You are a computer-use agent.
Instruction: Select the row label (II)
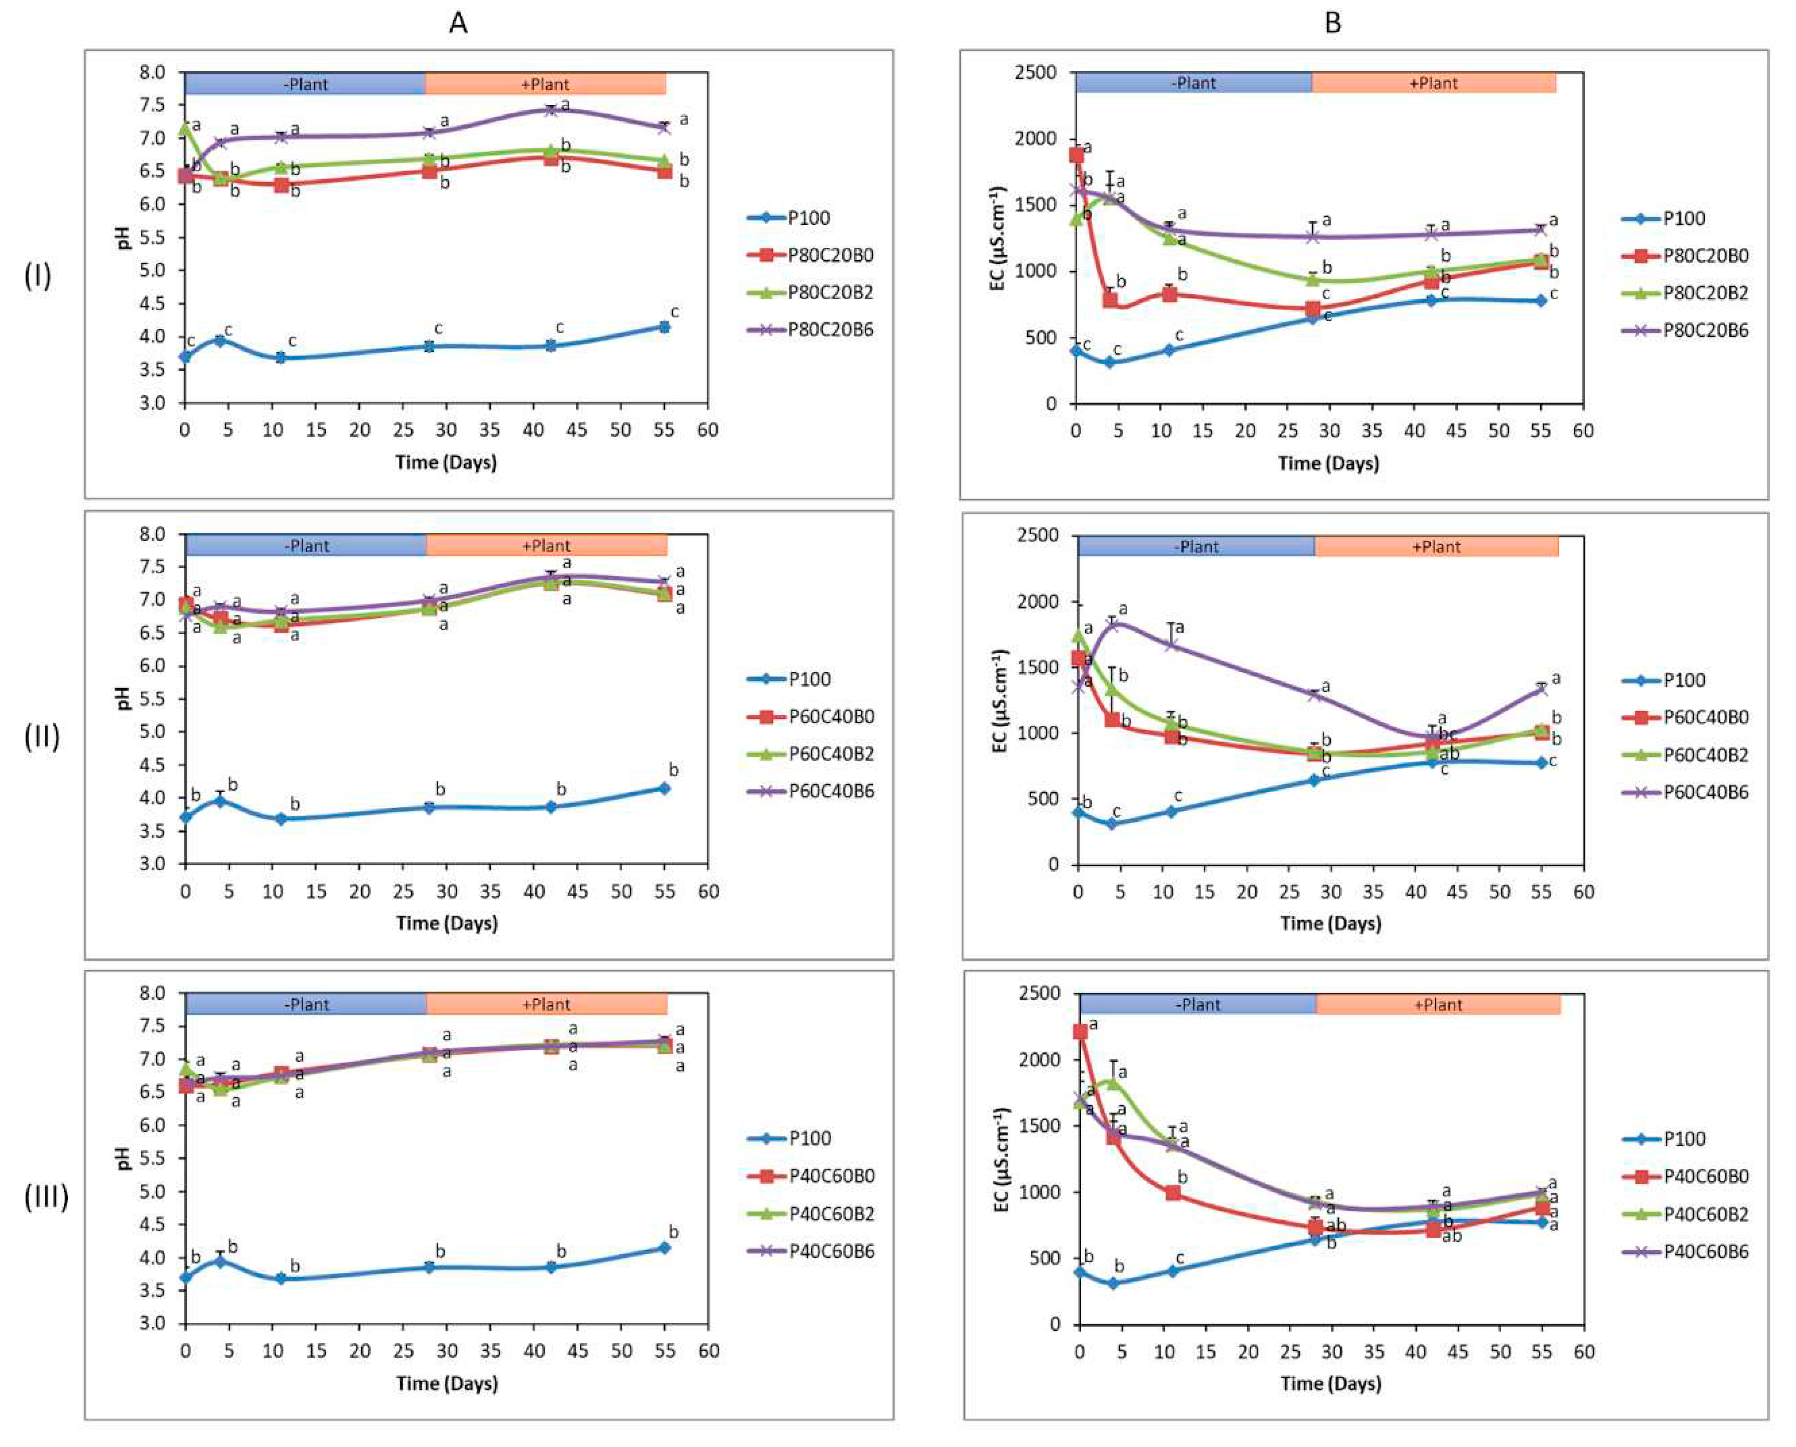41,737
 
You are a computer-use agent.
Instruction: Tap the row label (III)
45,1197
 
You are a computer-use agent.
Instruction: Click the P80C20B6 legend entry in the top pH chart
830,330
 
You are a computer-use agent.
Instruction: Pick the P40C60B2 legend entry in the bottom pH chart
831,1214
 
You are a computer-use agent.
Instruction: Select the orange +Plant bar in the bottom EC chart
1438,1004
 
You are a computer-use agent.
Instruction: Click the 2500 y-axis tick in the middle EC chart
1037,536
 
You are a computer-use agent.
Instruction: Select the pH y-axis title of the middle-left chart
124,699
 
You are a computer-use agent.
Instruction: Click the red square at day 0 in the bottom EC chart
1080,1032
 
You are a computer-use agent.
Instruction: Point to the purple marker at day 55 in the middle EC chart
1541,689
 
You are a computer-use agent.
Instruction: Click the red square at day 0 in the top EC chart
1077,155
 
